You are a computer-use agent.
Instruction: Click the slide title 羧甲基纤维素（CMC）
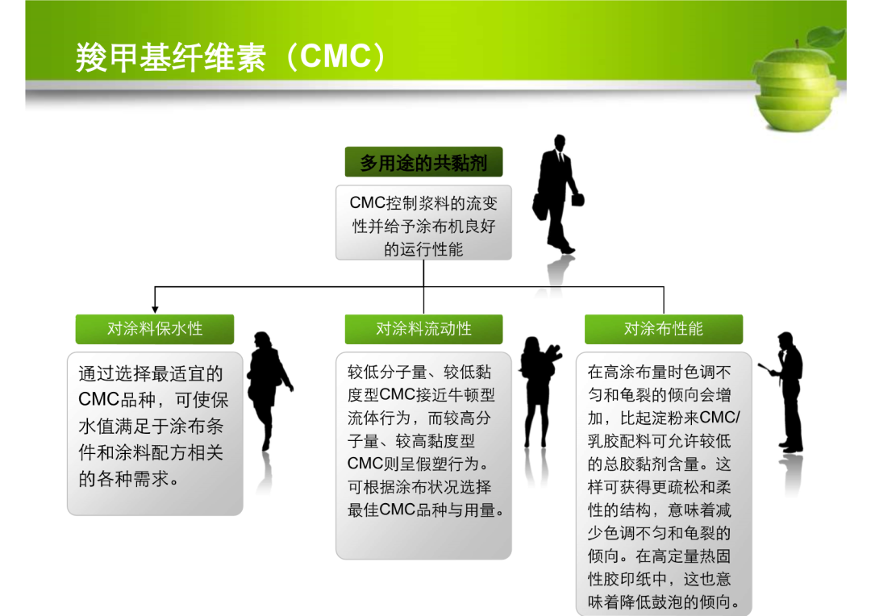click(x=231, y=56)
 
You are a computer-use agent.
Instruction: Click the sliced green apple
click(x=796, y=89)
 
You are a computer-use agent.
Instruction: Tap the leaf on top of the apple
click(x=825, y=36)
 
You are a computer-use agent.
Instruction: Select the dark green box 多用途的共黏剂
click(x=423, y=162)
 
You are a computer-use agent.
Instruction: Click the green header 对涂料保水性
click(x=154, y=329)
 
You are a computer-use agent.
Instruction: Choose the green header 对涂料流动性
click(x=423, y=329)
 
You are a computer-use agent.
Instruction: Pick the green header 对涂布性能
click(x=663, y=329)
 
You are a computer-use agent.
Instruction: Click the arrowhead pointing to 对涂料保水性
click(x=155, y=310)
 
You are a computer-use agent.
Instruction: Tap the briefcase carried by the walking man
click(x=577, y=199)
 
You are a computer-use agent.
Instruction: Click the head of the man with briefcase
click(x=559, y=142)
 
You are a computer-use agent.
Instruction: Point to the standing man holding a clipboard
click(x=785, y=392)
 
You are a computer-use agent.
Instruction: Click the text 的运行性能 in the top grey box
click(x=423, y=249)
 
